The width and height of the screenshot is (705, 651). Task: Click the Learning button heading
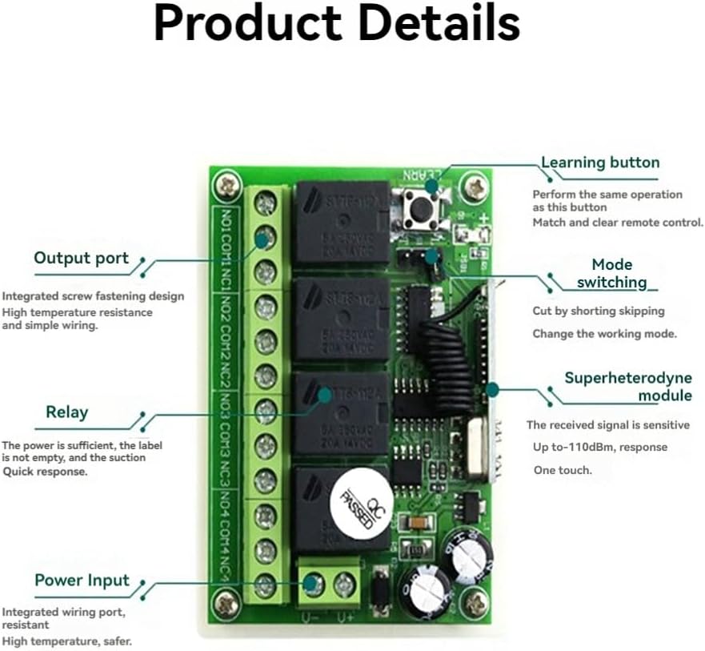600,163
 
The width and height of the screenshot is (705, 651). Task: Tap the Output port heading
81,258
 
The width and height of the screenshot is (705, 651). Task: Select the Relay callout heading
66,412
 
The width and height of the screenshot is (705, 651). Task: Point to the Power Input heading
82,581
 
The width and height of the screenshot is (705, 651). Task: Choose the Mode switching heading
612,273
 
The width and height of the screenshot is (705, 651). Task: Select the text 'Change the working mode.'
605,334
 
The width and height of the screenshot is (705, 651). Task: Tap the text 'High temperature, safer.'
66,641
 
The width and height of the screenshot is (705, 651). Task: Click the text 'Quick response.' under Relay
45,472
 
